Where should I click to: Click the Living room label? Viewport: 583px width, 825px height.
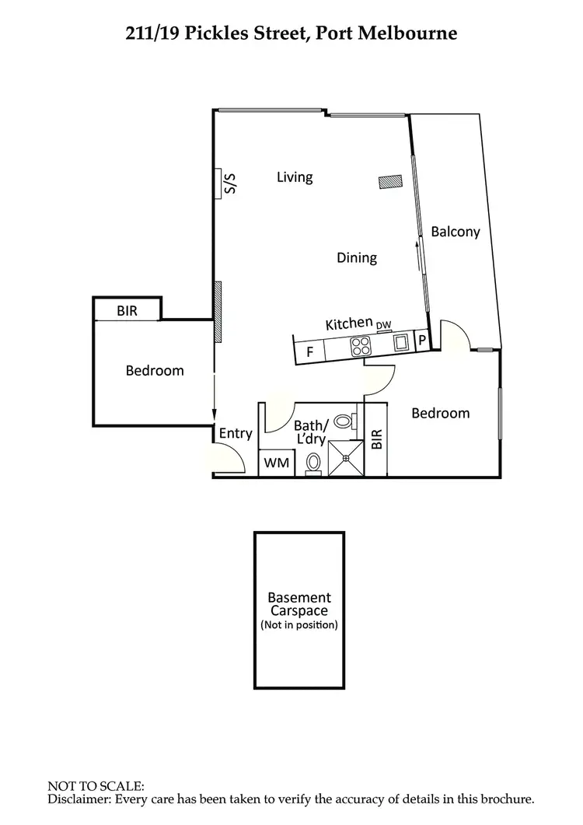(295, 177)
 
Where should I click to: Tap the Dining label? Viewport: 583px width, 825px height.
(357, 257)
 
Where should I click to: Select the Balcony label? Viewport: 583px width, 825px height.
(456, 232)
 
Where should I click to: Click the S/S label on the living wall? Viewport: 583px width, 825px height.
(229, 184)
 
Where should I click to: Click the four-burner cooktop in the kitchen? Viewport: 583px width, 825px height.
(361, 345)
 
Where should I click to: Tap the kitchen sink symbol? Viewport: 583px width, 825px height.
(402, 341)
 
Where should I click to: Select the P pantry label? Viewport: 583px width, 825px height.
(422, 340)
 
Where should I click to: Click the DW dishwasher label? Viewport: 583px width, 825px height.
(384, 325)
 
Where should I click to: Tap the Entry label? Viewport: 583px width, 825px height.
(236, 433)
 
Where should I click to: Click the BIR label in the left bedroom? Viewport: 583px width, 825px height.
(127, 311)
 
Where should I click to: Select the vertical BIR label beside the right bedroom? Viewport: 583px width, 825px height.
(377, 440)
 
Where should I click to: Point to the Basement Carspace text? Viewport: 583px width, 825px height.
(299, 604)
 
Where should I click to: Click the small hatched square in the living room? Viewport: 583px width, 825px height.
(389, 181)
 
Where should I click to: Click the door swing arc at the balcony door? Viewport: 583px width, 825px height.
(457, 331)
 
